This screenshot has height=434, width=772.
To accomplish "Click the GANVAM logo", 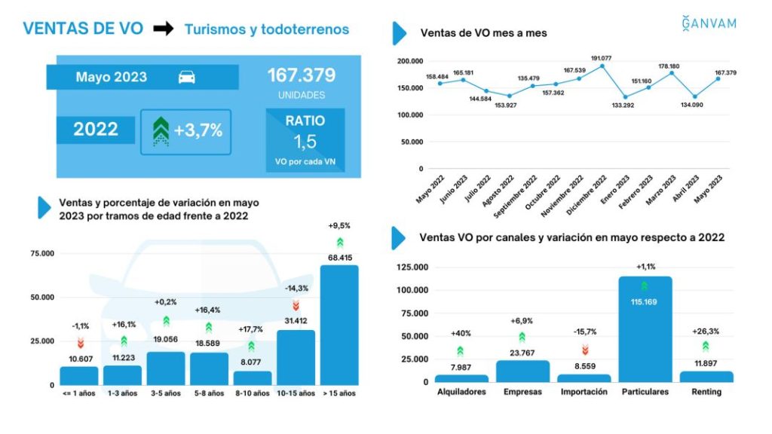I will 709,23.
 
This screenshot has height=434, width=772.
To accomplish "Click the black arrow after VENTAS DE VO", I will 163,29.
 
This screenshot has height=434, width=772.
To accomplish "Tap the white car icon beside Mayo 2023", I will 186,78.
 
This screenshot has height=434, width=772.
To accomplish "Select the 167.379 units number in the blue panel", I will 302,76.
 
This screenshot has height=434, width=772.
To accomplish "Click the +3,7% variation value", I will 198,130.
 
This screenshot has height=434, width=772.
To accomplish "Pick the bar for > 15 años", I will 339,325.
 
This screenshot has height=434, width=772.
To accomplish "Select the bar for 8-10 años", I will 252,377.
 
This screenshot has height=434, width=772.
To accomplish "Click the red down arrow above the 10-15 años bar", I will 296,305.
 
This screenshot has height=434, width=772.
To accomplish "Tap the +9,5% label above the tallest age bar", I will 339,225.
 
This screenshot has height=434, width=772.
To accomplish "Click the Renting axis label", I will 706,392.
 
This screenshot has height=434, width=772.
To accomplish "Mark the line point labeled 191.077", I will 602,66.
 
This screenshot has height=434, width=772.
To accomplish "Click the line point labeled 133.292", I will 625,97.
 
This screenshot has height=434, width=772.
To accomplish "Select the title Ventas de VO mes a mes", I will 483,33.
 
